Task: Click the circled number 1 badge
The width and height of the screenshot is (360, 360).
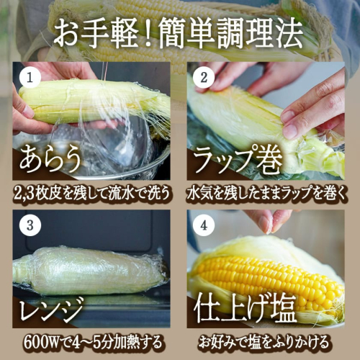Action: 30,78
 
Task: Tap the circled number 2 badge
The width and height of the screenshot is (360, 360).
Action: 204,78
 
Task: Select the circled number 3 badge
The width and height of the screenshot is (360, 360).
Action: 30,225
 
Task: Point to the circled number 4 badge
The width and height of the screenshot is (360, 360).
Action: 204,225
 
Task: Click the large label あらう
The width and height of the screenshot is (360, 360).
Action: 50,159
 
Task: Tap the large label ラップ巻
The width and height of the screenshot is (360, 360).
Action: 238,161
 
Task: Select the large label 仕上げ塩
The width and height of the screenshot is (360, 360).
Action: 246,310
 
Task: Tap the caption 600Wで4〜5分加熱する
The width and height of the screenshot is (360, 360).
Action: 93,343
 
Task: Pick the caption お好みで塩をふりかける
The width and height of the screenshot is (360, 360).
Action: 264,342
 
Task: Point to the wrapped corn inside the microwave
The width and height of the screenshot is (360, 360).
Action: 90,271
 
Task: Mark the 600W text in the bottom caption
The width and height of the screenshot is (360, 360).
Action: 41,343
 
